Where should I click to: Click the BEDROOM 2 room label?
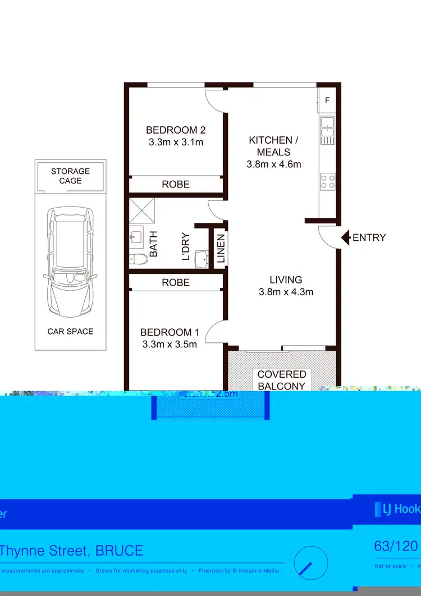point(176,136)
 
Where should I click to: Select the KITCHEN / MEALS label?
point(273,152)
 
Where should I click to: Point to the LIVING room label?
point(286,286)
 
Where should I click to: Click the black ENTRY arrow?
point(345,237)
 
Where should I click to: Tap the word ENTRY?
point(369,237)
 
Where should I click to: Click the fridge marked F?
point(327,100)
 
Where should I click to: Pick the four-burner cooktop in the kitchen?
point(327,181)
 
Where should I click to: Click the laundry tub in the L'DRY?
point(201,259)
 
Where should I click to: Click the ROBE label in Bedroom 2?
point(176,184)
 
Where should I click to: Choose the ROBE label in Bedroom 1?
point(176,282)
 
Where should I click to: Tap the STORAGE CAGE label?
point(70,176)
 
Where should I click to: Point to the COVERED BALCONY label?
point(282,380)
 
